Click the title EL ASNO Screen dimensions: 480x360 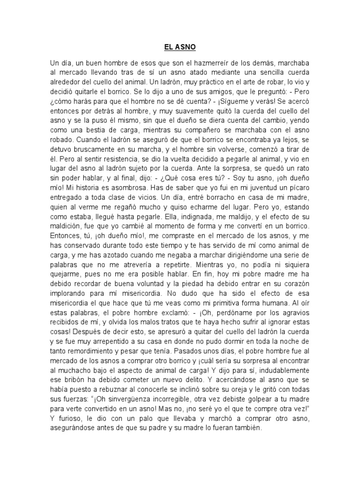180,47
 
